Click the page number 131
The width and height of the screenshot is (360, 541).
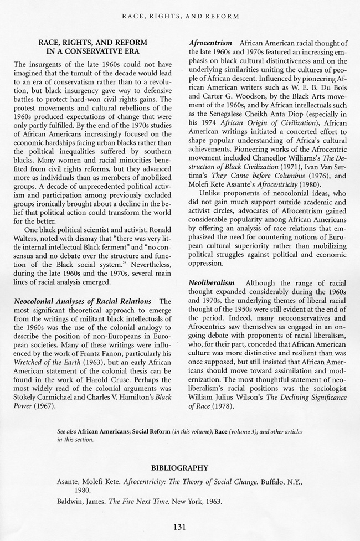179,527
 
